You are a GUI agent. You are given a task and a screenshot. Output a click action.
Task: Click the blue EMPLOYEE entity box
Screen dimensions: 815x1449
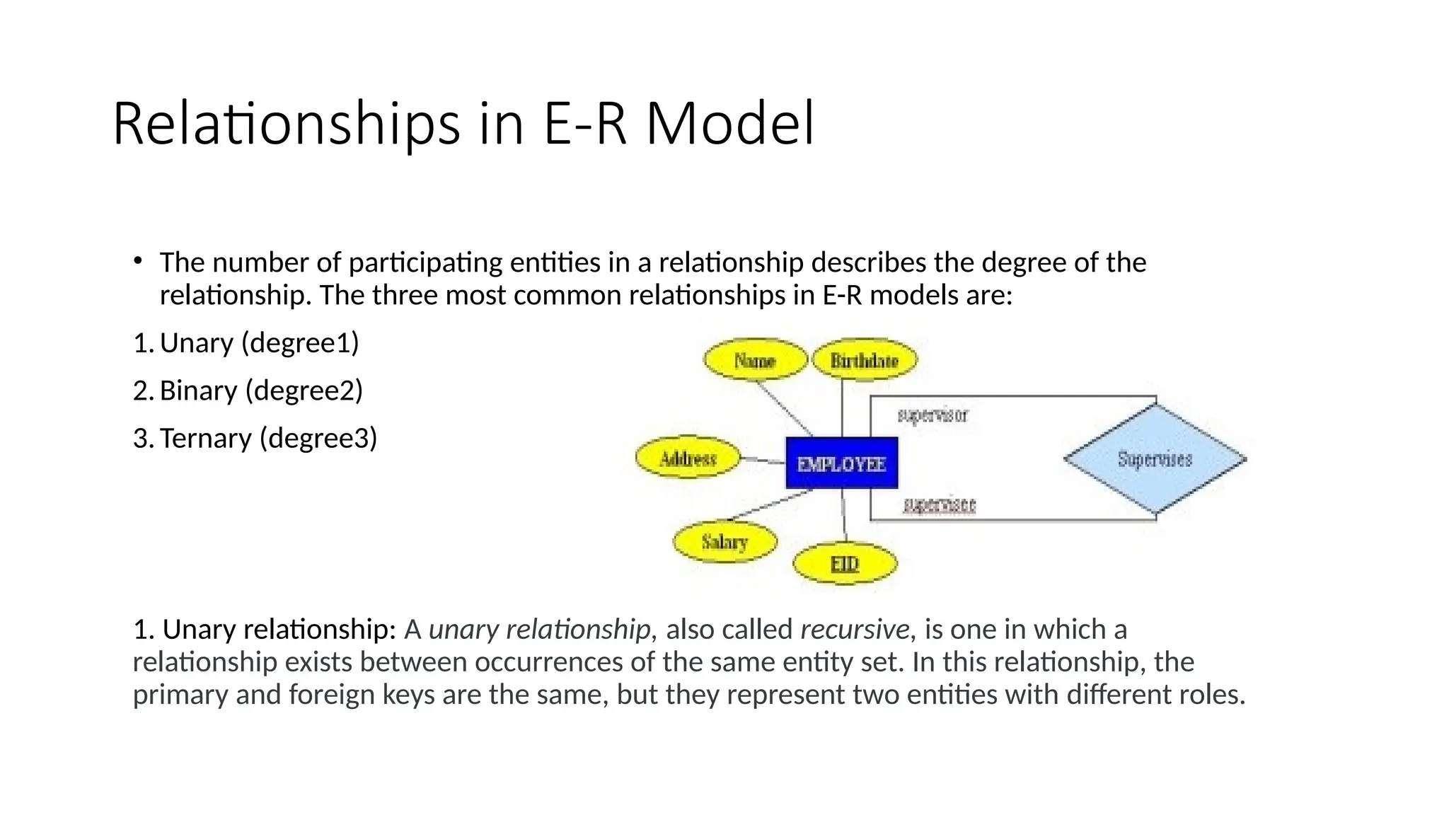[x=841, y=463]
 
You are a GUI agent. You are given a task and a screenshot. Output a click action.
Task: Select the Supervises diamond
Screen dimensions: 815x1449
[x=1155, y=459]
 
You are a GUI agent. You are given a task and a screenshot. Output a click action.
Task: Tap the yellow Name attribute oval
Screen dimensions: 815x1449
[x=755, y=360]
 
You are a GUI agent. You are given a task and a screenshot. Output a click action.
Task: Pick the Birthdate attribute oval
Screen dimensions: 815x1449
[x=864, y=360]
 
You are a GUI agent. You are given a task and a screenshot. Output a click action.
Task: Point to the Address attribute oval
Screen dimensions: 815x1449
[x=688, y=458]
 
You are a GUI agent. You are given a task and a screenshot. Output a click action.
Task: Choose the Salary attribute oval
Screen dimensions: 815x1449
[x=724, y=542]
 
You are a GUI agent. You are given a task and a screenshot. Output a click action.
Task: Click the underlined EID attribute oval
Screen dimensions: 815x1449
[x=844, y=564]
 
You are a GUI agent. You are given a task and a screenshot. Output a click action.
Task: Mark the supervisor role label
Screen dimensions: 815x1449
[x=933, y=415]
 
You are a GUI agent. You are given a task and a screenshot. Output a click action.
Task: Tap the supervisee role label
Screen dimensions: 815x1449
[x=940, y=505]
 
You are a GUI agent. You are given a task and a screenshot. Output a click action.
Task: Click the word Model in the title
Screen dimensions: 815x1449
[x=729, y=125]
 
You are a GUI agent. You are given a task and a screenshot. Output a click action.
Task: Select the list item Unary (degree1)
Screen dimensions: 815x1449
[x=259, y=343]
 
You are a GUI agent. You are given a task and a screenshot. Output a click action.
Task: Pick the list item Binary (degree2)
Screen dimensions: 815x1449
[x=261, y=391]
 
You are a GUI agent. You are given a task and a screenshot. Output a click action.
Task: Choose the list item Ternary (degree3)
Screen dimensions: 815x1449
[x=268, y=439]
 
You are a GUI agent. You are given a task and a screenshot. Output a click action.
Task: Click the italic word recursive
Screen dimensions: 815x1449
[x=854, y=629]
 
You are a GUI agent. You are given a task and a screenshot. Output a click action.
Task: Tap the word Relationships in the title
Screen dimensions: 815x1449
[x=286, y=125]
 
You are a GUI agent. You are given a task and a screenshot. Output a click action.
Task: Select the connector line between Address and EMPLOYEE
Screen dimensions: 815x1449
[x=763, y=461]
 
